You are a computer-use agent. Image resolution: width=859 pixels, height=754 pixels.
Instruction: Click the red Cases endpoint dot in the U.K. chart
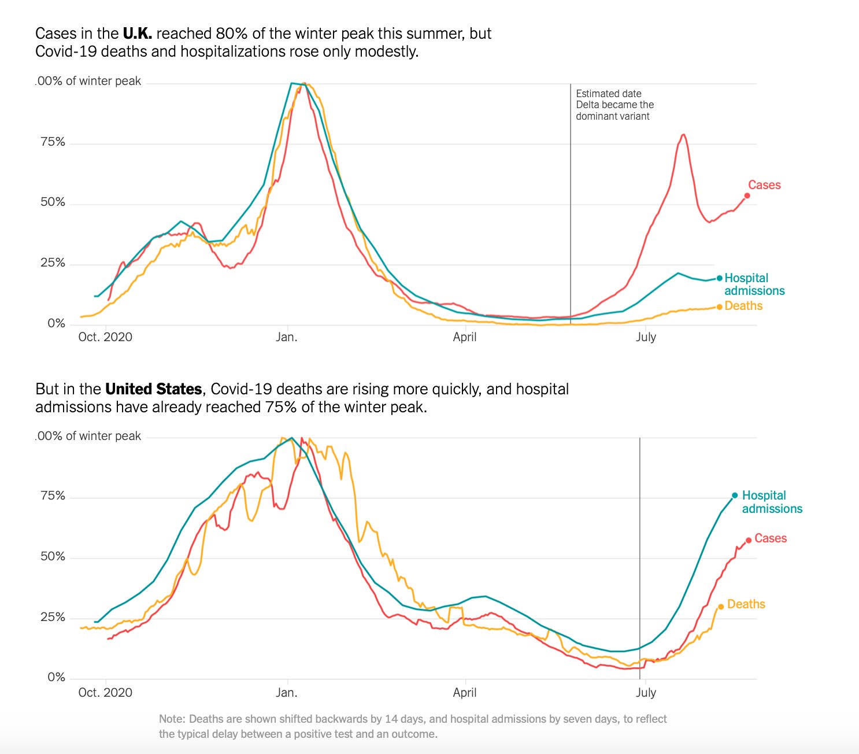click(747, 195)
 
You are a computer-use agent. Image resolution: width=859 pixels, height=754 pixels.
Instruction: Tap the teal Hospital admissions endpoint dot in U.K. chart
click(719, 278)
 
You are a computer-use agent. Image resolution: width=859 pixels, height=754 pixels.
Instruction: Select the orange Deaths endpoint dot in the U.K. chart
click(719, 306)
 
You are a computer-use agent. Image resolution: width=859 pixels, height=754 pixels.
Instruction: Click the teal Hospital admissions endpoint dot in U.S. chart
click(735, 496)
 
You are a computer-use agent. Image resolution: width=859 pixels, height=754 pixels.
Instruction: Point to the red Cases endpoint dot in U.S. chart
click(749, 540)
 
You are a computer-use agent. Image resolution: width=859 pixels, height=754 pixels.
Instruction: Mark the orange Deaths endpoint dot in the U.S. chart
click(721, 607)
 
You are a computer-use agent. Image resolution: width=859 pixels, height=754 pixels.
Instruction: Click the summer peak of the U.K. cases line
click(683, 135)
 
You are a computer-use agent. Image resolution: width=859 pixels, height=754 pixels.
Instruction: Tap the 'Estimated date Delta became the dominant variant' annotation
click(614, 105)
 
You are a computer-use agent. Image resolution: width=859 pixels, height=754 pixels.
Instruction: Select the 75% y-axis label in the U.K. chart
click(53, 142)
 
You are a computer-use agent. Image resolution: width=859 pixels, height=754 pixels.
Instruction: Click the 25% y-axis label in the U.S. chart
click(53, 617)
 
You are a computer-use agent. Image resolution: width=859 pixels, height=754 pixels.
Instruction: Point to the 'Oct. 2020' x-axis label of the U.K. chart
click(105, 337)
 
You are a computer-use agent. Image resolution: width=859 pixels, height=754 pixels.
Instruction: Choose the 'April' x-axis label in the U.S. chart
click(465, 692)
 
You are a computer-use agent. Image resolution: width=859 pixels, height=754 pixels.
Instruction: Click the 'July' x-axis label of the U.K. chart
click(646, 337)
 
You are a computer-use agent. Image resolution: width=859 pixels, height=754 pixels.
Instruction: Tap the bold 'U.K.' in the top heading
click(137, 34)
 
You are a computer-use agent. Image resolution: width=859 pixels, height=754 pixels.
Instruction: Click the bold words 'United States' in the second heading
click(153, 389)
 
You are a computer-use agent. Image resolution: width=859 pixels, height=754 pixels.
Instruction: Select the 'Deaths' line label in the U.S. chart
click(746, 604)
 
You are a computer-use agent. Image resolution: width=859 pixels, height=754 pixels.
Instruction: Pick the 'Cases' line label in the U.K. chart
click(764, 185)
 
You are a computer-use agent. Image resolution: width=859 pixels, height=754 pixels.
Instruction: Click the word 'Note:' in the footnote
click(172, 719)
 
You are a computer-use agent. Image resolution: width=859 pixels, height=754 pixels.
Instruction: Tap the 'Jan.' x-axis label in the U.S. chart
click(287, 692)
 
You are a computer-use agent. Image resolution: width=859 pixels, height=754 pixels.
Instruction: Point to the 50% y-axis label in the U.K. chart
click(53, 202)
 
